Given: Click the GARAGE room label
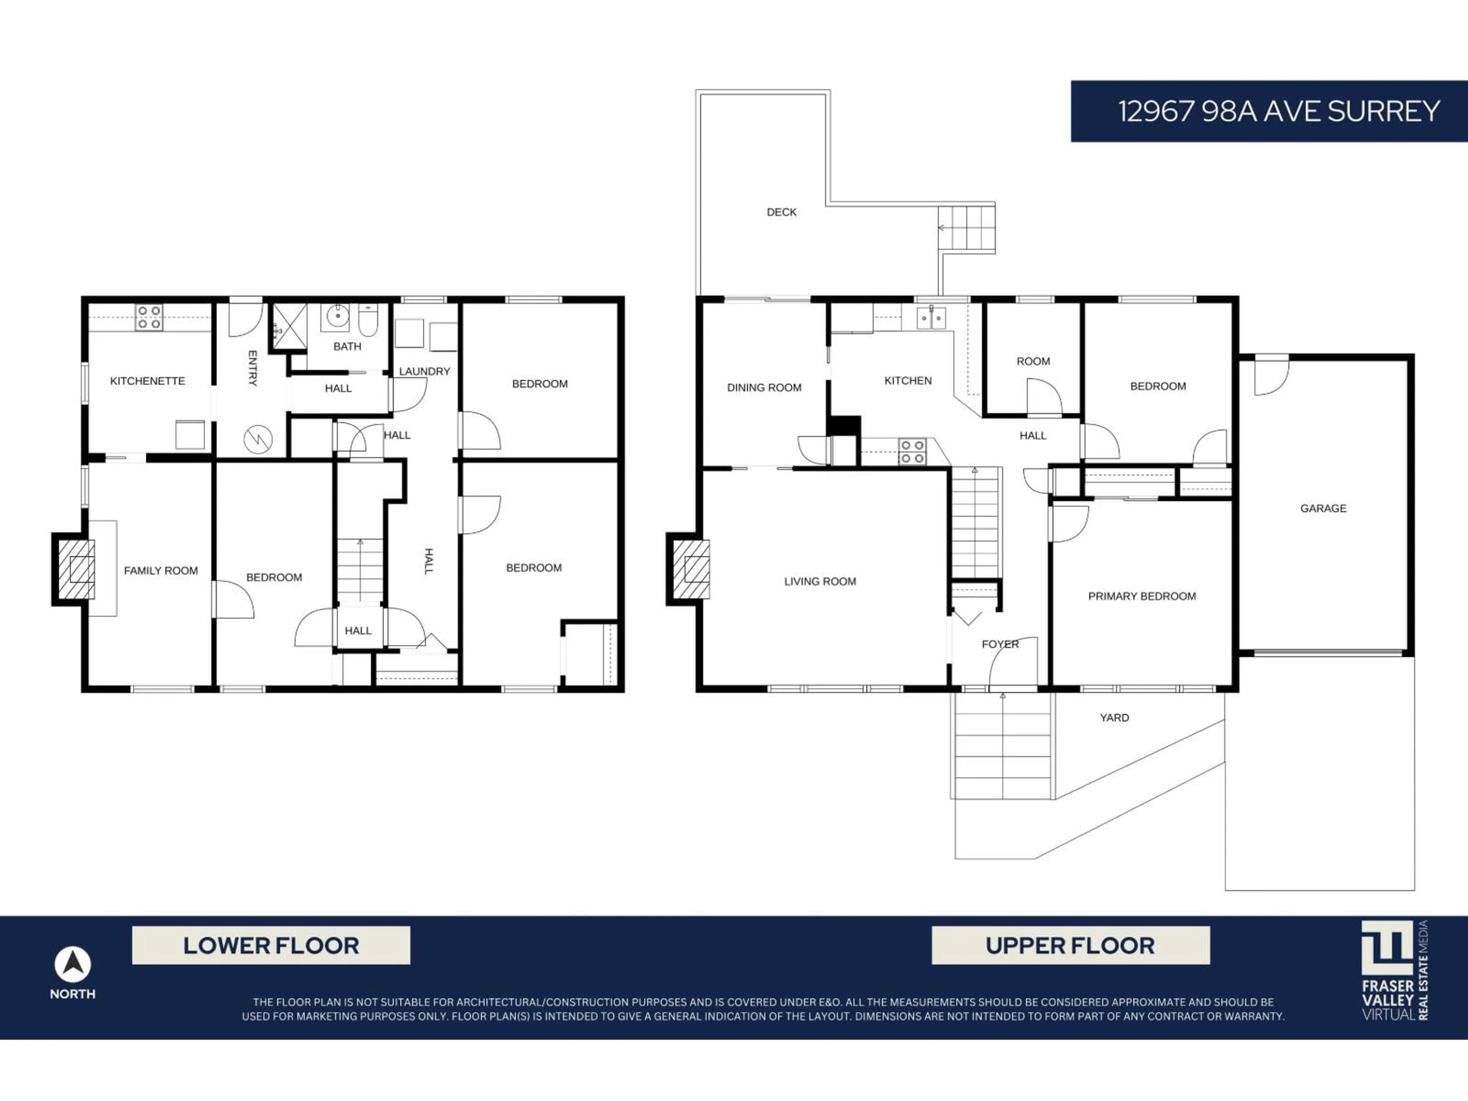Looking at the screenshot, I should [1323, 508].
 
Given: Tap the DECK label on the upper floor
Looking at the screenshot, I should [781, 213].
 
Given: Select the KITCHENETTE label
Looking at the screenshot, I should [147, 381].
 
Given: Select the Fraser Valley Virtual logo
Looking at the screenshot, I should [1394, 969].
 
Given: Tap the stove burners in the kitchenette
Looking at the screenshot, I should [149, 317].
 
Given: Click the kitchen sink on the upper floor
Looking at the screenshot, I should [931, 318].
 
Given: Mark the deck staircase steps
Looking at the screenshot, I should [966, 227].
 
